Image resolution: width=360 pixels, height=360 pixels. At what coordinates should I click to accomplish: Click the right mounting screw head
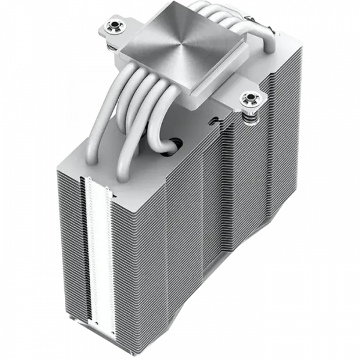[x=247, y=97]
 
